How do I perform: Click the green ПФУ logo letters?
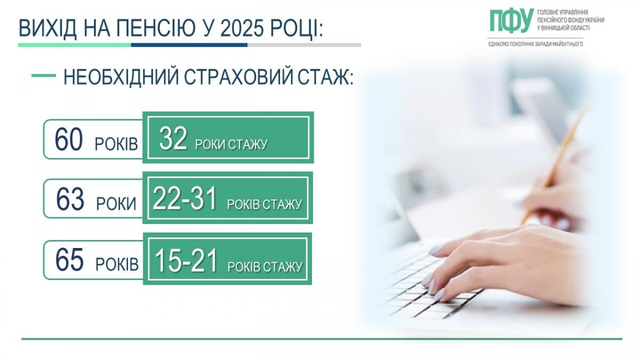pos(510,20)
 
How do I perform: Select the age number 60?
pos(69,140)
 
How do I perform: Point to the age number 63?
pos(70,200)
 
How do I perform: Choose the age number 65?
pos(70,261)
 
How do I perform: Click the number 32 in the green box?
pos(173,140)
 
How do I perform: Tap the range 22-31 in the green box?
pos(185,200)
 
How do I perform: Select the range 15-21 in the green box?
pos(186,261)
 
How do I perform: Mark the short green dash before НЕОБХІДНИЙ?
pos(44,76)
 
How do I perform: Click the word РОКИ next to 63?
pos(116,204)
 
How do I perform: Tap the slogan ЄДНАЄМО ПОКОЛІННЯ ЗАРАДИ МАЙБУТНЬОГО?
pos(535,44)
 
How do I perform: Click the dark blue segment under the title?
pos(189,45)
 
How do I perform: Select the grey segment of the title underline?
pos(304,45)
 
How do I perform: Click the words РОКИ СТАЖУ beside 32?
pos(231,144)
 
